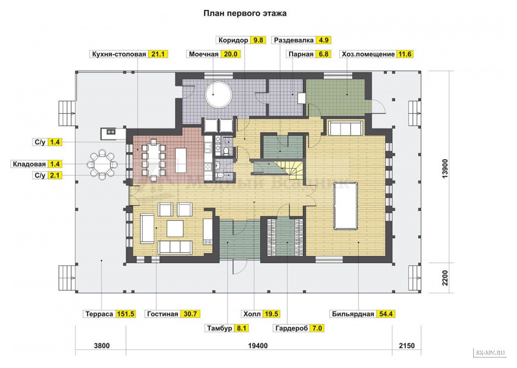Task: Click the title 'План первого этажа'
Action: [245, 14]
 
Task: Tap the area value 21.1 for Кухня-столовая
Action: [158, 54]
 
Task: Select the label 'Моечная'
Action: [204, 54]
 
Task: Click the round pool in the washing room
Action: [218, 94]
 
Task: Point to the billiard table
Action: [346, 206]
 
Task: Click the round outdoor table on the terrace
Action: [103, 164]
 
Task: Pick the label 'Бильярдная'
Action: [353, 314]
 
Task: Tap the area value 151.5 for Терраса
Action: [125, 314]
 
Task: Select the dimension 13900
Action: [445, 169]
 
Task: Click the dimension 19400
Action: [258, 345]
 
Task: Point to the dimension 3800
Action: [102, 345]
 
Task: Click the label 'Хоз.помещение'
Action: [368, 54]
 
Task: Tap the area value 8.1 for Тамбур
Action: [241, 328]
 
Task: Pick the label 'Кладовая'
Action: [29, 164]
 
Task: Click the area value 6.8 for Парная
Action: [323, 54]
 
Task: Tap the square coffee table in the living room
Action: [175, 228]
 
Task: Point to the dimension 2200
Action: [445, 278]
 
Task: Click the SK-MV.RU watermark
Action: [490, 353]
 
